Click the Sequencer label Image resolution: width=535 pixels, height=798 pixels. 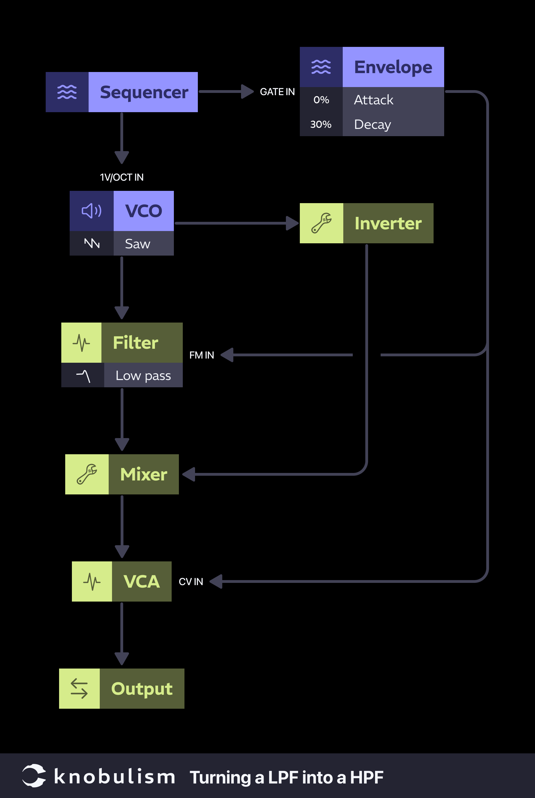click(x=144, y=92)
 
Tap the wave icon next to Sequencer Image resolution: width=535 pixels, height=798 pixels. click(x=67, y=92)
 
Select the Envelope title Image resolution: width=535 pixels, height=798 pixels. click(x=393, y=67)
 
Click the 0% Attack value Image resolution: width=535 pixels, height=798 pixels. click(x=321, y=100)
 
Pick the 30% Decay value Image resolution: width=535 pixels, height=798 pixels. click(x=321, y=124)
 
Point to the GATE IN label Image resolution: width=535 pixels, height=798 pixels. click(x=277, y=92)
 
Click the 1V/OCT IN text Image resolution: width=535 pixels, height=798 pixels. click(x=121, y=177)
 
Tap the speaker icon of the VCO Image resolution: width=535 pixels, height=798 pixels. click(x=91, y=211)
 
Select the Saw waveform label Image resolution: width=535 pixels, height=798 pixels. click(x=137, y=244)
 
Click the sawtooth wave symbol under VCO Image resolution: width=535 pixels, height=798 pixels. click(x=92, y=243)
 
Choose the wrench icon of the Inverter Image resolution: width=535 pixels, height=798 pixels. click(x=321, y=223)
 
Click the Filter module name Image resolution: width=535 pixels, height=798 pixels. click(x=135, y=343)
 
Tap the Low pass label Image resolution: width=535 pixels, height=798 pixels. click(x=143, y=376)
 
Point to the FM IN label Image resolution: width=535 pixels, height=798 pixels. click(x=202, y=355)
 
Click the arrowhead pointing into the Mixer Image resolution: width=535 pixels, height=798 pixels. click(x=189, y=475)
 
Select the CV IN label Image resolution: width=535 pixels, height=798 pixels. click(x=191, y=582)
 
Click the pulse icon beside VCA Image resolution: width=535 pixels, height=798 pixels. click(x=92, y=581)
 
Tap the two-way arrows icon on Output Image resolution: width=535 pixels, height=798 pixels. click(x=79, y=688)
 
